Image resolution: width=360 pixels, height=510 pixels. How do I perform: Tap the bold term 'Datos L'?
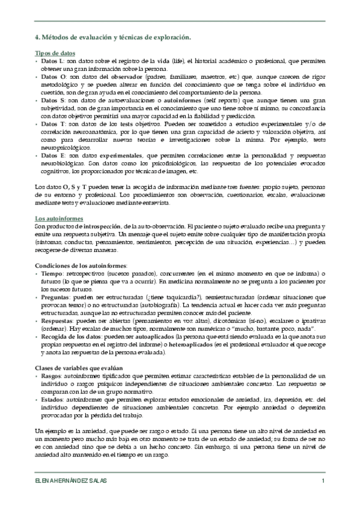49,61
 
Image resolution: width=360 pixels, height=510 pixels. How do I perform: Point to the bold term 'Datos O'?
50,78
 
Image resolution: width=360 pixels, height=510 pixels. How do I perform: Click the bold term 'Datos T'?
49,124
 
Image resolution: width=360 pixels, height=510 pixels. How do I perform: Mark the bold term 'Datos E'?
49,155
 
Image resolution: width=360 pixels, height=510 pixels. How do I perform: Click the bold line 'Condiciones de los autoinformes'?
73,265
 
